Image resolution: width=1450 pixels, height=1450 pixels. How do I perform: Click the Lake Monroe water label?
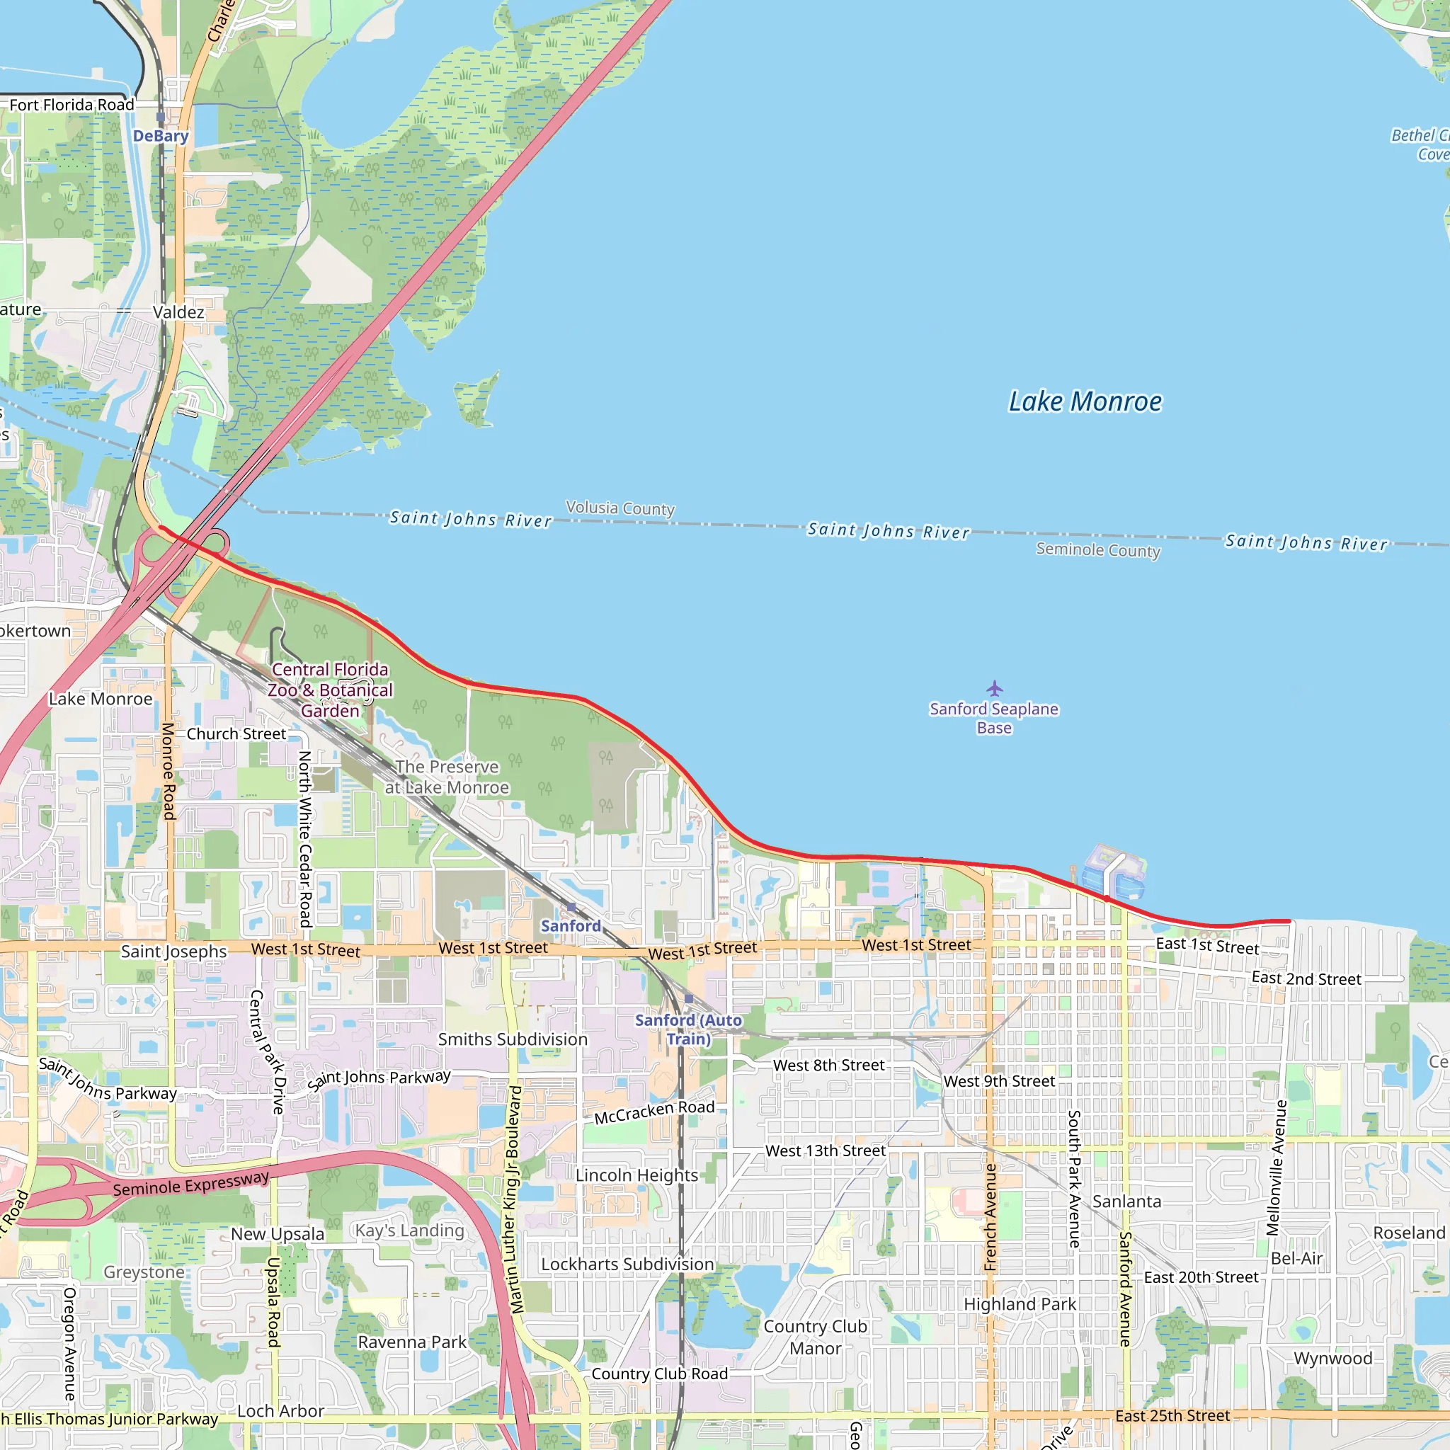tap(1085, 401)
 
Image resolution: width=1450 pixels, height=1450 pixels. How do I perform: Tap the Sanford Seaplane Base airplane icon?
tap(995, 687)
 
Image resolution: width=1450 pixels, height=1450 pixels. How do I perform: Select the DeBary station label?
tap(161, 136)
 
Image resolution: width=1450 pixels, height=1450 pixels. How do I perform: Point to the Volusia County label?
tap(620, 508)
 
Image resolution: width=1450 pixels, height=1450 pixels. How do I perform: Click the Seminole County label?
tap(1098, 549)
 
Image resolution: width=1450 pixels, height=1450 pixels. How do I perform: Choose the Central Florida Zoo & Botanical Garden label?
tap(330, 690)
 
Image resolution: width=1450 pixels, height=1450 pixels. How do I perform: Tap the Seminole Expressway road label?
tap(190, 1184)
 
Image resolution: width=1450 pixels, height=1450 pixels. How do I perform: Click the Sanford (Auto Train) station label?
tap(688, 1029)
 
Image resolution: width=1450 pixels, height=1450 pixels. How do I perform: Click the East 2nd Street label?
tap(1306, 978)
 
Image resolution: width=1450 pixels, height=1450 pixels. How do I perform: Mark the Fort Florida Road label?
tap(72, 105)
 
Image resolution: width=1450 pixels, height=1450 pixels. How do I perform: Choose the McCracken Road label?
tap(654, 1112)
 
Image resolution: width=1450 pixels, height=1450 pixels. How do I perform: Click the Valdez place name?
tap(178, 312)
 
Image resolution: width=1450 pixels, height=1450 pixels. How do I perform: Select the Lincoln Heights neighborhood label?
tap(636, 1175)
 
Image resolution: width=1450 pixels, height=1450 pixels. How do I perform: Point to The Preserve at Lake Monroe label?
tap(447, 777)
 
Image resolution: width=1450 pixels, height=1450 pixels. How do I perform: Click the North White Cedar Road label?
tap(304, 839)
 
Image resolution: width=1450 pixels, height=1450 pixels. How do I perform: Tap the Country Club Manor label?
tap(815, 1337)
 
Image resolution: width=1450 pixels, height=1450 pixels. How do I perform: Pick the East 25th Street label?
tap(1172, 1415)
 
